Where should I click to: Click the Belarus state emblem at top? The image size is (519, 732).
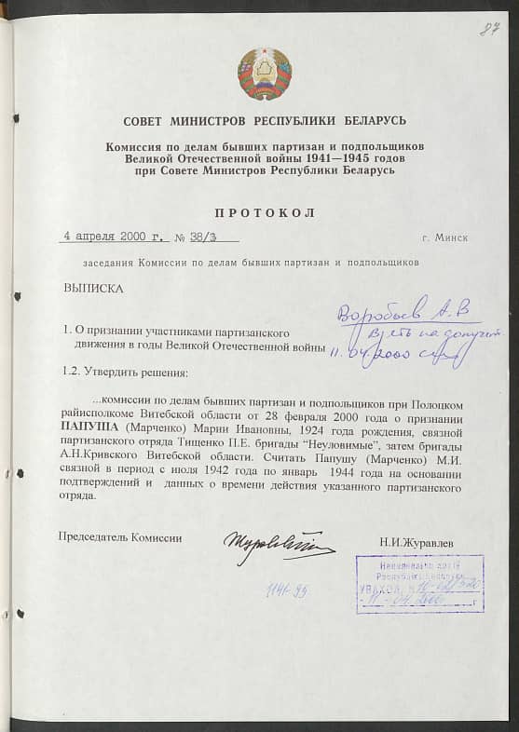pos(265,74)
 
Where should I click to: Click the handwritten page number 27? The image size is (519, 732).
pos(487,29)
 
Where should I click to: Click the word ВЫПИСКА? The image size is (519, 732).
pos(93,288)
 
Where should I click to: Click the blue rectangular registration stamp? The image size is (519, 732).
pos(419,583)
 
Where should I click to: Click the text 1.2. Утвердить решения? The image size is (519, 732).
pos(125,373)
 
